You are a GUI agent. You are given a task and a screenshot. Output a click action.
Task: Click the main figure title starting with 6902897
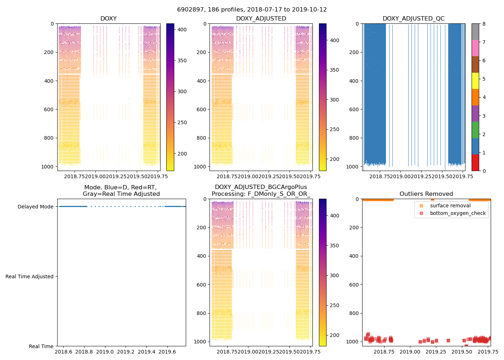click(252, 10)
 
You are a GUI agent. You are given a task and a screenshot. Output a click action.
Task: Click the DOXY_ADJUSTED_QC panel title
click(413, 18)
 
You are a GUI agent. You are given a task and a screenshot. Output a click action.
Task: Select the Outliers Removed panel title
click(426, 194)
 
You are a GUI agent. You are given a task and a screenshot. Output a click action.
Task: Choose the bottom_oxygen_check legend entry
click(458, 213)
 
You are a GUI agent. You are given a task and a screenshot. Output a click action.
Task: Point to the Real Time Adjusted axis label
click(30, 276)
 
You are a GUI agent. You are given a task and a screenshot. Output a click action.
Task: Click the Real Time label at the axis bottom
click(41, 346)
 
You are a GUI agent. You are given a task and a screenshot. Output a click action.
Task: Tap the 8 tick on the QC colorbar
click(484, 24)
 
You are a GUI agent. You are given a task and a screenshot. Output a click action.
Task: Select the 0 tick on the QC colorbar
click(484, 171)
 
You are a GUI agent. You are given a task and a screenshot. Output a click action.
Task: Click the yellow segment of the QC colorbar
click(475, 81)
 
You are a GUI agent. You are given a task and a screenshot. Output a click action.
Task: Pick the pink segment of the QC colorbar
click(475, 48)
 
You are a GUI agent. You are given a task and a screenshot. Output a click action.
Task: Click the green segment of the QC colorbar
click(475, 130)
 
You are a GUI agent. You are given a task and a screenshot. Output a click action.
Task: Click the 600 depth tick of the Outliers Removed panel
click(355, 285)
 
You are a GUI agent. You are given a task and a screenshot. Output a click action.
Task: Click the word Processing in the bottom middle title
click(227, 194)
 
